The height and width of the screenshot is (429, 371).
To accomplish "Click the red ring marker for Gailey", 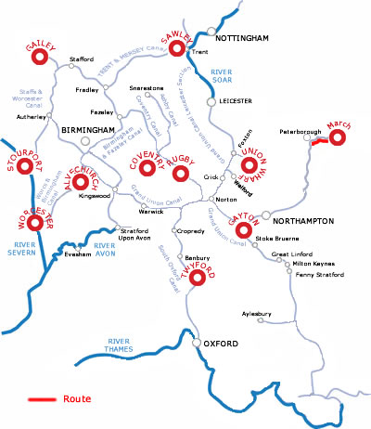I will (40, 58).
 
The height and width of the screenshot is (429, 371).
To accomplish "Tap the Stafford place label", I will (82, 58).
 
